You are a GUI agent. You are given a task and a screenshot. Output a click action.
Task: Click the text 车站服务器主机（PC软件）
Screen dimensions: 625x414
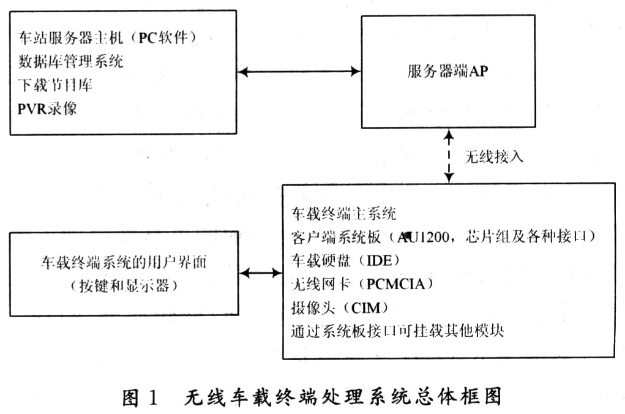pyautogui.click(x=108, y=37)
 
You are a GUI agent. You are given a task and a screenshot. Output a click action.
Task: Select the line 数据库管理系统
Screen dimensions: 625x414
pyautogui.click(x=70, y=61)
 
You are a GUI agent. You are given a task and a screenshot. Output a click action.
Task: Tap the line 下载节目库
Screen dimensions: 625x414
pyautogui.click(x=56, y=85)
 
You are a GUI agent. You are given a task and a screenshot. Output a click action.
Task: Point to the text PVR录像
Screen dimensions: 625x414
pyautogui.click(x=47, y=108)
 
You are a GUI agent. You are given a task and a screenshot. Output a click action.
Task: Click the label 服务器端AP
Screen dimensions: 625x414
pyautogui.click(x=447, y=71)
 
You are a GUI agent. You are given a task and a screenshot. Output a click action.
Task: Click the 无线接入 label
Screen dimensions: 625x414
pyautogui.click(x=494, y=157)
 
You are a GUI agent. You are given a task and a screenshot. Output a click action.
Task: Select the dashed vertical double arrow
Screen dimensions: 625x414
pyautogui.click(x=449, y=156)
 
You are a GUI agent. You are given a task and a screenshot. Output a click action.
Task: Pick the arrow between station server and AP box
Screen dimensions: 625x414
pyautogui.click(x=299, y=72)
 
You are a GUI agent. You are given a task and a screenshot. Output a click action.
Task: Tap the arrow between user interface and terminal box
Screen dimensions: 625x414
pyautogui.click(x=261, y=273)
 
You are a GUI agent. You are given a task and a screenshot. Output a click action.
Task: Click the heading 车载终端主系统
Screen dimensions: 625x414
pyautogui.click(x=343, y=213)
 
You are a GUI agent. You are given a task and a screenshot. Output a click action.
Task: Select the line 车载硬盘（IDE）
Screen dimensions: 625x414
pyautogui.click(x=346, y=260)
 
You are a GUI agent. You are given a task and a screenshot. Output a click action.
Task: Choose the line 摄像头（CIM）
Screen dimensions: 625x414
pyautogui.click(x=340, y=307)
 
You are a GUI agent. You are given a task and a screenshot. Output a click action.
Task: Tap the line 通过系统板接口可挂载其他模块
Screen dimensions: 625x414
pyautogui.click(x=397, y=331)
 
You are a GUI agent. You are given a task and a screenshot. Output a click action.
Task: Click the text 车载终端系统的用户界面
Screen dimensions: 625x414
pyautogui.click(x=124, y=262)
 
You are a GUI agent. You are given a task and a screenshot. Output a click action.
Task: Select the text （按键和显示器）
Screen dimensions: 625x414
pyautogui.click(x=124, y=285)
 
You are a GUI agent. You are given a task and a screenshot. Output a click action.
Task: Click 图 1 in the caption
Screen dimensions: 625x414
pyautogui.click(x=140, y=397)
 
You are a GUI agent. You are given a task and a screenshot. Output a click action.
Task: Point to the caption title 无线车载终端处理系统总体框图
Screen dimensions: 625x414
pyautogui.click(x=343, y=397)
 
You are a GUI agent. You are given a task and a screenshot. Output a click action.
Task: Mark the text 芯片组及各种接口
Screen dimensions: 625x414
pyautogui.click(x=527, y=237)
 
